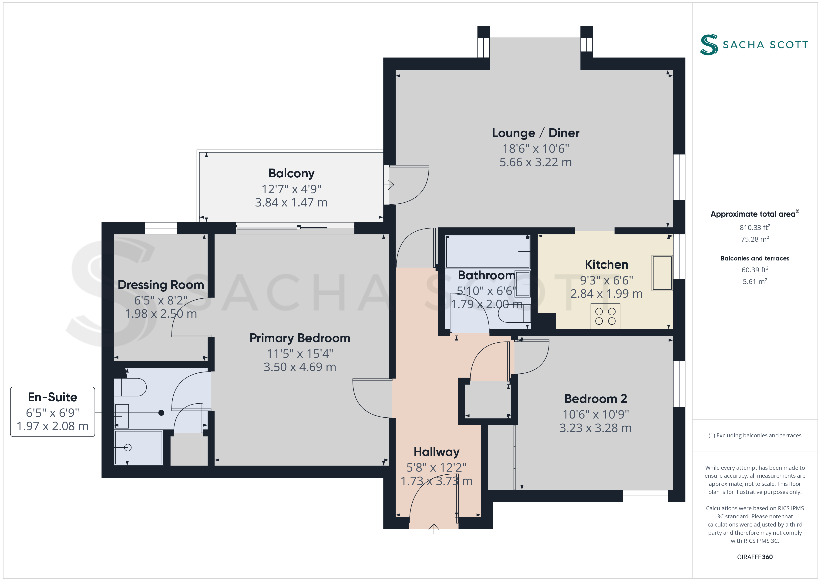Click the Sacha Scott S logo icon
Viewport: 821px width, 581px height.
click(709, 45)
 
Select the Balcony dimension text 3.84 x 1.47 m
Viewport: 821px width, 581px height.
click(291, 203)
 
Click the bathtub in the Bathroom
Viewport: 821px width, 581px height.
click(487, 251)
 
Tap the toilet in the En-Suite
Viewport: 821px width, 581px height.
click(130, 387)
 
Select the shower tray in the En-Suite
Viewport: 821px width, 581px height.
click(139, 448)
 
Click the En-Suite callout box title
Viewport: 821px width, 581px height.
click(53, 397)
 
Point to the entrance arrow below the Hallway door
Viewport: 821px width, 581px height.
click(434, 529)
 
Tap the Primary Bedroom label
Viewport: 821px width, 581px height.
click(300, 338)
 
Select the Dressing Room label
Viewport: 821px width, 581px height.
click(161, 285)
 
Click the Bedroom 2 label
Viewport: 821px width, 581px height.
click(595, 399)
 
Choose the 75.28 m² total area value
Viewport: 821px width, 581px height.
click(755, 239)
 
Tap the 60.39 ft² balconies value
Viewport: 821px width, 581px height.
click(755, 270)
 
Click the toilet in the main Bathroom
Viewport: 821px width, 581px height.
click(514, 315)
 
